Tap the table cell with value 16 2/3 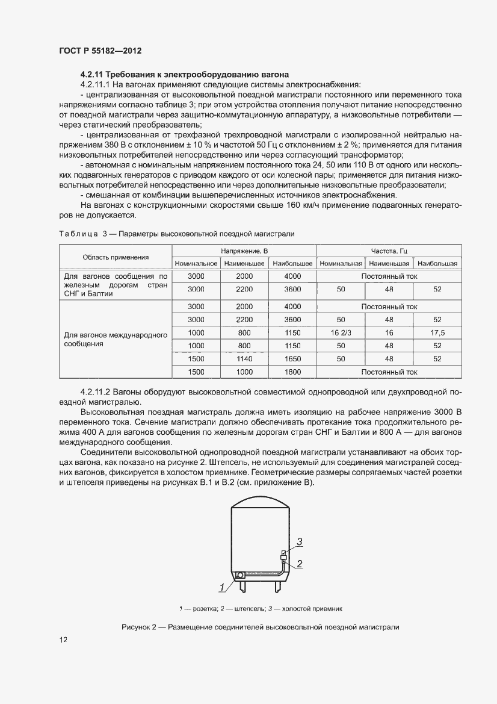341,333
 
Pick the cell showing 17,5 437,333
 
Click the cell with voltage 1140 244,359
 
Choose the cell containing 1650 292,359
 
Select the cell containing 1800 292,372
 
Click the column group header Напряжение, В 244,251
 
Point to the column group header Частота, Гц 389,251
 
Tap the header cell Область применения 116,257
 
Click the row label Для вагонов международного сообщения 116,340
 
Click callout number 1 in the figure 221,586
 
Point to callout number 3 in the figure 299,541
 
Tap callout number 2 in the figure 299,564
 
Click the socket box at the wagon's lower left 240,576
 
